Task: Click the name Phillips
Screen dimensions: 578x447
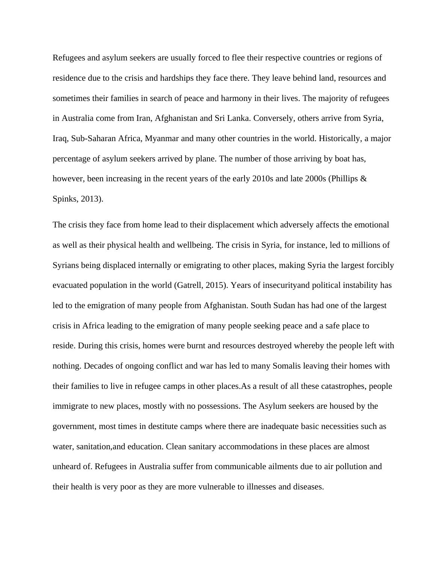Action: pyautogui.click(x=344, y=179)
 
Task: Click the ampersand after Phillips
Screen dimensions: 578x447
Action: pyautogui.click(x=363, y=179)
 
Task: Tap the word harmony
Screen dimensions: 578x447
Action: pyautogui.click(x=234, y=98)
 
